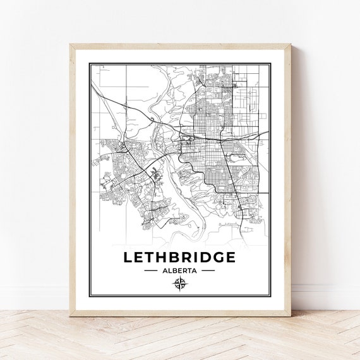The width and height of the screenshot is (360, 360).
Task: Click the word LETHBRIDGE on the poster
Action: coord(179,257)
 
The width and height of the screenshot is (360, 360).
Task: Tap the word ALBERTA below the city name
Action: coord(179,270)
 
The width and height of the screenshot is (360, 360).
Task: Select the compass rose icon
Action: coord(179,284)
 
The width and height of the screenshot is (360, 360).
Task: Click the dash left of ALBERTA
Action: coord(151,270)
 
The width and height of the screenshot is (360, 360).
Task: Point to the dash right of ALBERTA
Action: coord(208,270)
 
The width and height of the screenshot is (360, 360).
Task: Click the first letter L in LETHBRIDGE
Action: coord(129,257)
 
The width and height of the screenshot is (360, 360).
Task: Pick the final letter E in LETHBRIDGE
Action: coord(230,257)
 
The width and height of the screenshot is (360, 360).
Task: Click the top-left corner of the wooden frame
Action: coord(71,44)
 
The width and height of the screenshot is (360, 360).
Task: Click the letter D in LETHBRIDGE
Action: coord(201,257)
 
